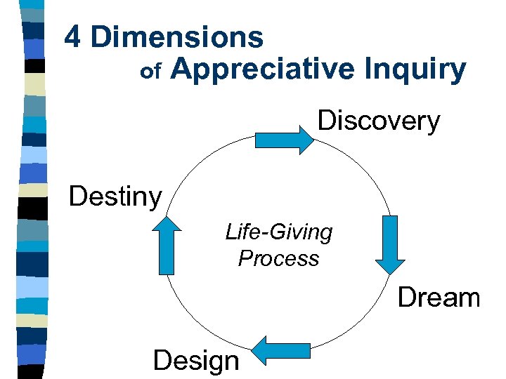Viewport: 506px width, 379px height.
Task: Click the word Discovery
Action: tap(379, 121)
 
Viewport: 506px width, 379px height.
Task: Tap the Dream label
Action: tap(439, 298)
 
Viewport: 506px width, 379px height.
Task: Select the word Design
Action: tap(195, 361)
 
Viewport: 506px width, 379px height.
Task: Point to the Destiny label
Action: tap(115, 197)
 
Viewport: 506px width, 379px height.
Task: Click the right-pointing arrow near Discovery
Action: tap(284, 140)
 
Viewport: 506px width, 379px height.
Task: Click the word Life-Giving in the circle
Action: tap(279, 232)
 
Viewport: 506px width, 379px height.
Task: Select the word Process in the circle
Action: tap(278, 258)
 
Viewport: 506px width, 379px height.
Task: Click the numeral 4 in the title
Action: tap(72, 37)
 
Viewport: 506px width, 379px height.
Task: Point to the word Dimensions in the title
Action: tap(176, 37)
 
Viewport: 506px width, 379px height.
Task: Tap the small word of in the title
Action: tap(152, 72)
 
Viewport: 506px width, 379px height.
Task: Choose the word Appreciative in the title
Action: tap(263, 69)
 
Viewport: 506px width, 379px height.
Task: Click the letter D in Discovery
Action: tap(327, 121)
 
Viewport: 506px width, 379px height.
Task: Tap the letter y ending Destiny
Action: tap(156, 199)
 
